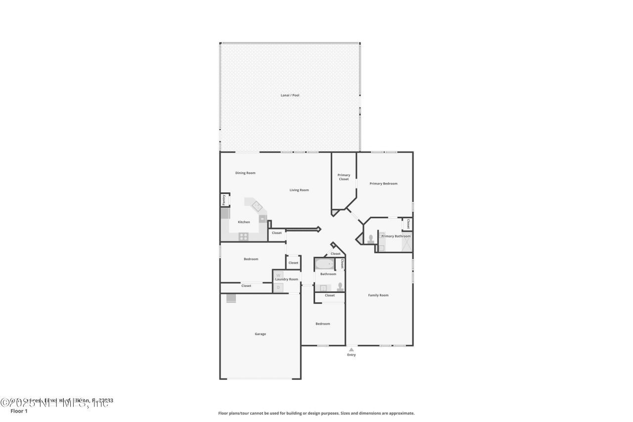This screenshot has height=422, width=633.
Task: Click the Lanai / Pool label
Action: [290, 95]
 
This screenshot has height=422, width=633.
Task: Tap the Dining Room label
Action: [245, 173]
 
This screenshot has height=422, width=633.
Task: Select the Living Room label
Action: [299, 190]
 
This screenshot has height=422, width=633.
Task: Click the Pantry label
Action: [224, 200]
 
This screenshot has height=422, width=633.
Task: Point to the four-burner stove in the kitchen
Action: [243, 236]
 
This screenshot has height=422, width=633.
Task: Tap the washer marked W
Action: [278, 275]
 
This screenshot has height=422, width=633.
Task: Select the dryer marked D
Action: [278, 287]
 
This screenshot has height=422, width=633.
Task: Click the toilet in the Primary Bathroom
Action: [370, 238]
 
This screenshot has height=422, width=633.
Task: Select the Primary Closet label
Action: [344, 177]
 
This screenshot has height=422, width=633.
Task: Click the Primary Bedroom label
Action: [383, 184]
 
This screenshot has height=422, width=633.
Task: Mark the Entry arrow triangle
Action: [351, 349]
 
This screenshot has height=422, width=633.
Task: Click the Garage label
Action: [260, 334]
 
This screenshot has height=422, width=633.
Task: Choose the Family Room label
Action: [378, 295]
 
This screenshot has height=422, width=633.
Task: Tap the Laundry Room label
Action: [287, 279]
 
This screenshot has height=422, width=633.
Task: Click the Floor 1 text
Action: [19, 411]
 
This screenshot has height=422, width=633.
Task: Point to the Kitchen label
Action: [244, 222]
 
